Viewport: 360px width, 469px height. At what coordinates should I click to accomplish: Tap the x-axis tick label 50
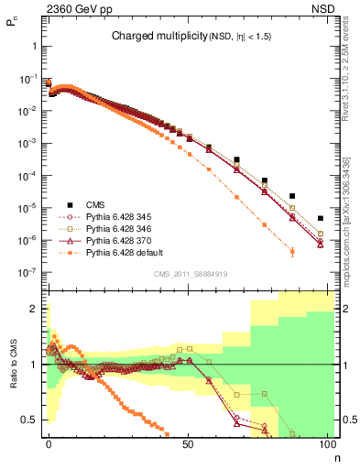tap(188, 443)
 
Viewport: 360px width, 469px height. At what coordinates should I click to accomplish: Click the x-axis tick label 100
tap(326, 443)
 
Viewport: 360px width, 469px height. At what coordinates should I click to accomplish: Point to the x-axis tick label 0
tap(49, 443)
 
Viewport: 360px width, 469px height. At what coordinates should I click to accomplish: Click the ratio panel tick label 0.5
tap(30, 420)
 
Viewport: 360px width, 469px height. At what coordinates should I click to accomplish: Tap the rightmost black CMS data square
tap(320, 218)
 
